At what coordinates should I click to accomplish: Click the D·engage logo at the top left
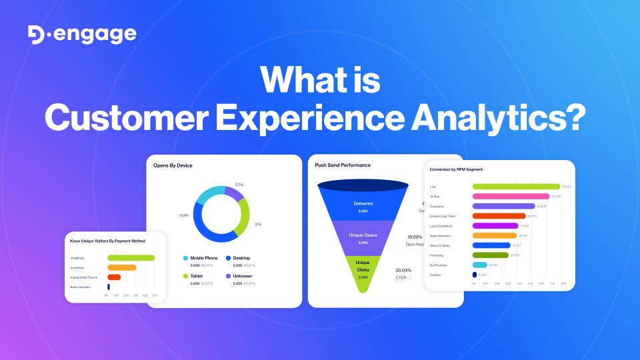(x=82, y=35)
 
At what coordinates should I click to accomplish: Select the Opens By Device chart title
(x=173, y=165)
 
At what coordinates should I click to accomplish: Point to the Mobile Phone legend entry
(x=203, y=257)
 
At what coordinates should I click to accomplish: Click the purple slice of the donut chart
(x=234, y=193)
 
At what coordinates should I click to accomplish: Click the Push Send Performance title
(x=343, y=165)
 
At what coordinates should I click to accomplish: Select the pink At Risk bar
(x=510, y=197)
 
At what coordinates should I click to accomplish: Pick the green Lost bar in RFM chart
(x=515, y=187)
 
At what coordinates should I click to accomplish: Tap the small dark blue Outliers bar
(x=474, y=275)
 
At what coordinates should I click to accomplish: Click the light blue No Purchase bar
(x=479, y=265)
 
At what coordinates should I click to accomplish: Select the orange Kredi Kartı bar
(x=121, y=267)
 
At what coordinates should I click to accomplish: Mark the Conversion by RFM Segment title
(x=457, y=169)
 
